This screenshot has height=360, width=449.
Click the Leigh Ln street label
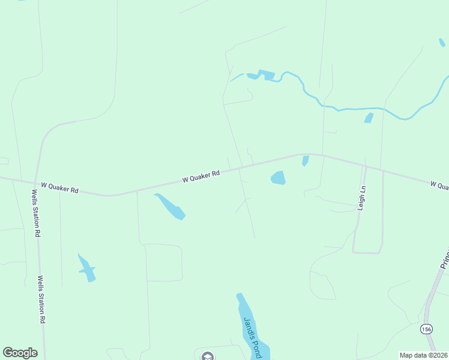click(x=361, y=197)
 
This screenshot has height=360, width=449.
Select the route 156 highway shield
click(x=426, y=329)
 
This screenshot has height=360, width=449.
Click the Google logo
click(x=20, y=353)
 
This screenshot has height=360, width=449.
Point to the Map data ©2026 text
click(x=423, y=355)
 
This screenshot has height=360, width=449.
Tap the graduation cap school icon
click(x=208, y=356)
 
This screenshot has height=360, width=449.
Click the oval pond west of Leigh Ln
click(x=278, y=178)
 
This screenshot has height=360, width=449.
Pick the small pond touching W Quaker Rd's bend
click(x=305, y=160)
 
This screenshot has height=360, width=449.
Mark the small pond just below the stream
click(x=369, y=118)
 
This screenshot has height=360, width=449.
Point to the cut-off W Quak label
click(x=439, y=185)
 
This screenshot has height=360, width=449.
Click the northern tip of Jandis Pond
click(x=240, y=295)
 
